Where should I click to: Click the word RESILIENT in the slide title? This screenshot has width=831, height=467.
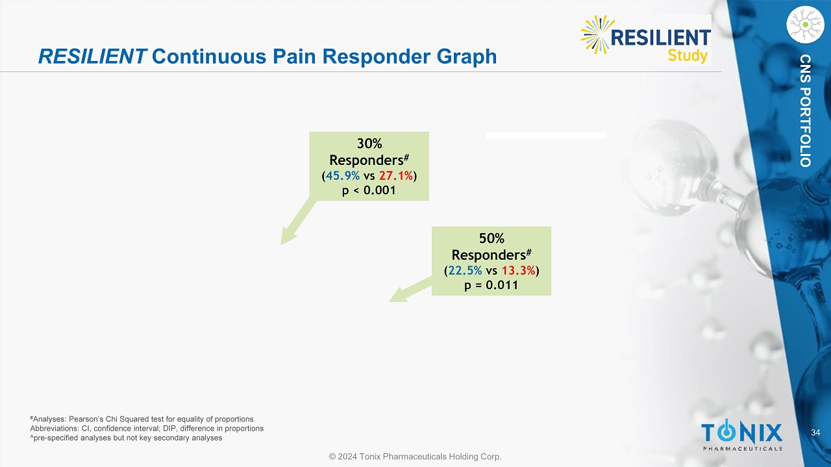tap(93, 57)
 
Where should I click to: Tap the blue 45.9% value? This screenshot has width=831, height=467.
tap(343, 175)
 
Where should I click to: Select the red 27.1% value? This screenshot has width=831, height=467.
tap(396, 175)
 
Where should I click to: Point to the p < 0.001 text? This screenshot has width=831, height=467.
tap(369, 190)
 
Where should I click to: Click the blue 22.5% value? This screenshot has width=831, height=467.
tap(465, 270)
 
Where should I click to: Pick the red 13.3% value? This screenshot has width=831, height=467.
tap(519, 270)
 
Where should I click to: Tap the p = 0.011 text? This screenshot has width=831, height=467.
tap(491, 285)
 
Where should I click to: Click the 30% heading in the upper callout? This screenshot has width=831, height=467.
tap(369, 144)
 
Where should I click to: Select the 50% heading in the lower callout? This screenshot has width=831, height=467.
tap(491, 238)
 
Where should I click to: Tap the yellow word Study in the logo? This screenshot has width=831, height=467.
tap(688, 56)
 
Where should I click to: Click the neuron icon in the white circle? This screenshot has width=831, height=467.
tap(806, 25)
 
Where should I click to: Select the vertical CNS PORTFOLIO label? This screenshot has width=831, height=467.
tap(806, 110)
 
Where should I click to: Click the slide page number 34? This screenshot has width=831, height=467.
tap(816, 433)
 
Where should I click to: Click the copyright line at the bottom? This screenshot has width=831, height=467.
tap(415, 457)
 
